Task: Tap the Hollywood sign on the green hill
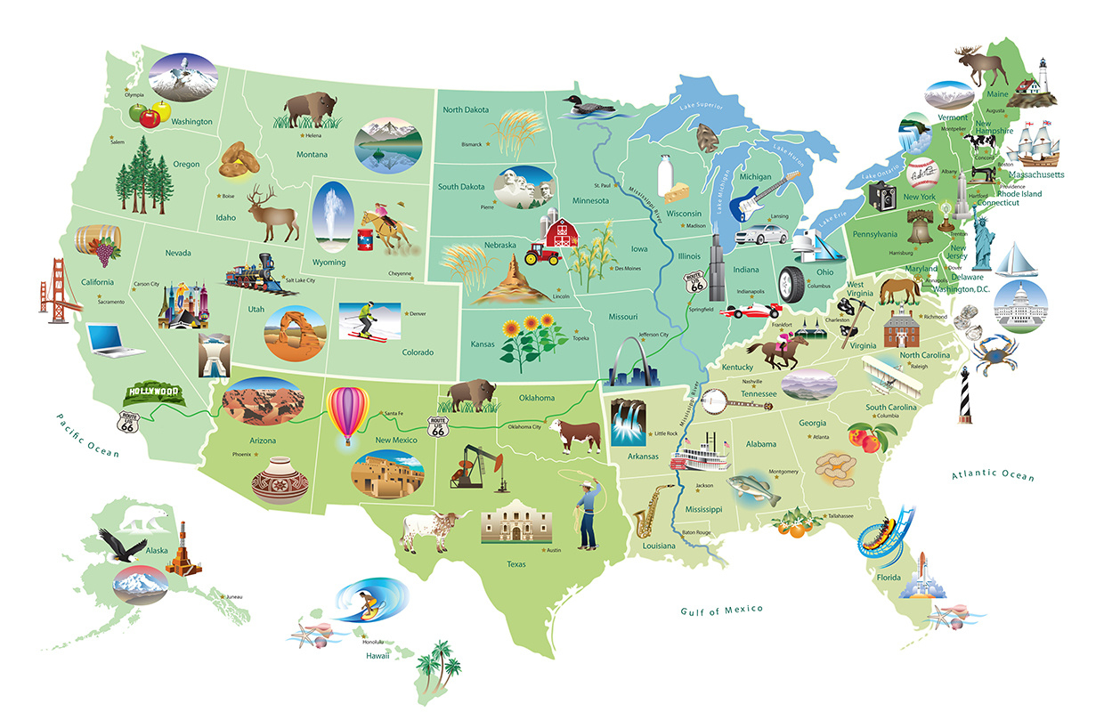(x=154, y=392)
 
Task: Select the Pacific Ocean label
(x=87, y=435)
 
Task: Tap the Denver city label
(x=418, y=314)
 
